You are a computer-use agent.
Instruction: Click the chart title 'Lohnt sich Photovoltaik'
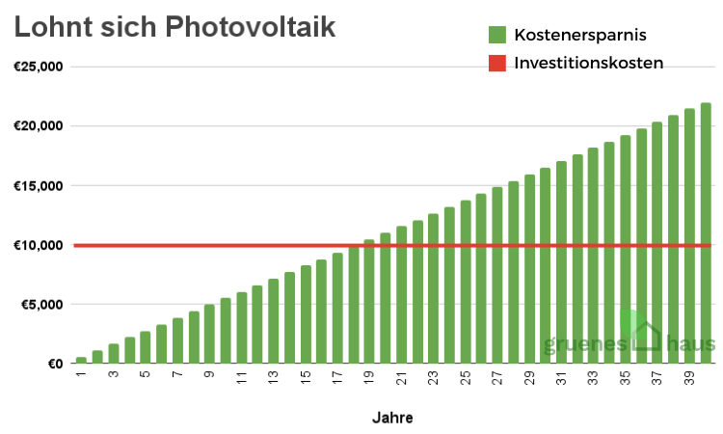click(174, 26)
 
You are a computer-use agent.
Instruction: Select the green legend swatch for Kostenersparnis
click(497, 36)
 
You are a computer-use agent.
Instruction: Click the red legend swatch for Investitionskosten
click(497, 64)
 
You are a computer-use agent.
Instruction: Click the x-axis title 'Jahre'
click(392, 419)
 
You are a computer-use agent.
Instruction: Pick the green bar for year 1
click(81, 360)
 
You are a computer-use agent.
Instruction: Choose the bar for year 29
click(529, 269)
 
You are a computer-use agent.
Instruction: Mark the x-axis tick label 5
click(146, 376)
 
